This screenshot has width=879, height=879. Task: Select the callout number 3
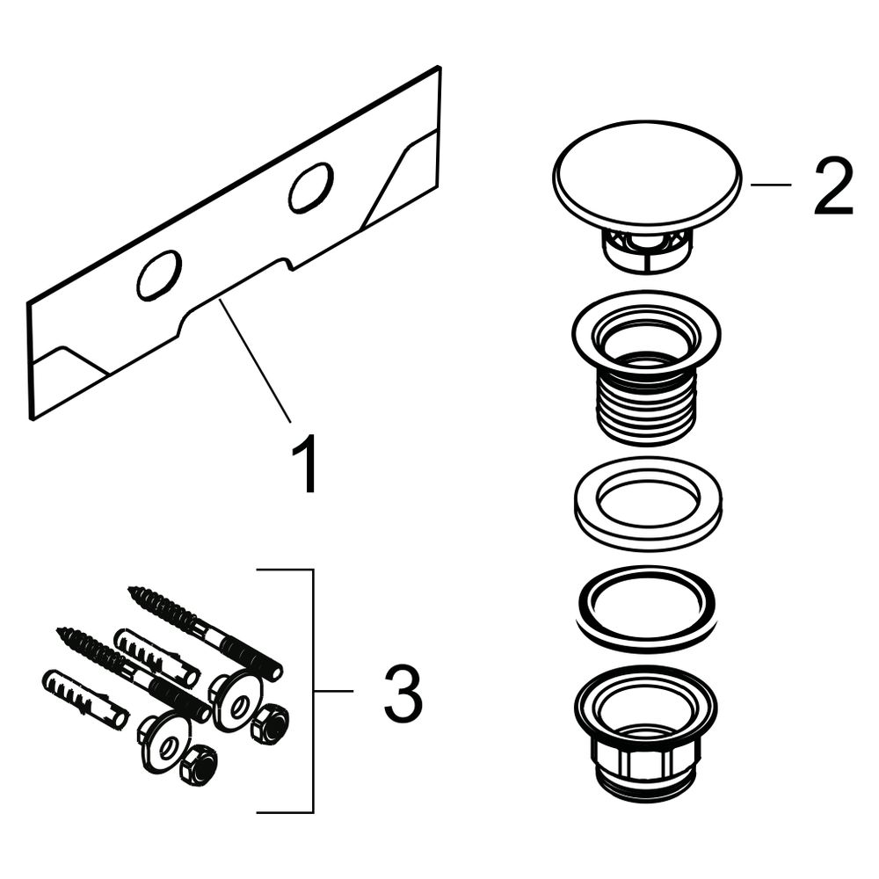click(403, 693)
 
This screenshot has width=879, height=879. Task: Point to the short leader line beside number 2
click(771, 184)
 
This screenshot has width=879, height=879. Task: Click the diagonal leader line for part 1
click(255, 360)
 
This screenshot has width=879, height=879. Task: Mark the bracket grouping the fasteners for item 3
click(312, 691)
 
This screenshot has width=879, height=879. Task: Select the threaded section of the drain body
click(648, 406)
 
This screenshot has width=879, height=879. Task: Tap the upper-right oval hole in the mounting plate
click(311, 188)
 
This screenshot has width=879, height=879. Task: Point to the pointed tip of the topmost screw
click(129, 589)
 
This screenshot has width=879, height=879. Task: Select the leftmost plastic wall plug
click(85, 698)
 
